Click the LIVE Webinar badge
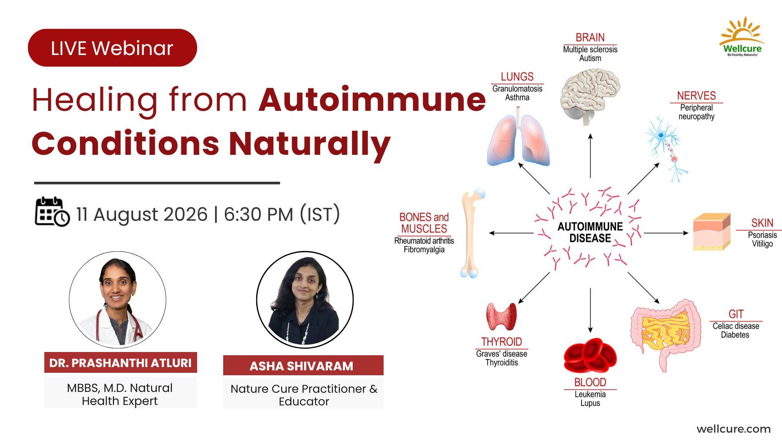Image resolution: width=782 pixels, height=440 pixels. (x=112, y=48)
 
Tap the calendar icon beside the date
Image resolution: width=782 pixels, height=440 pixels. (x=52, y=212)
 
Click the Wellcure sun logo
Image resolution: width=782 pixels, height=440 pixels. (x=742, y=37)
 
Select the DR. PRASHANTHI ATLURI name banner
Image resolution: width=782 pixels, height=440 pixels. (x=121, y=363)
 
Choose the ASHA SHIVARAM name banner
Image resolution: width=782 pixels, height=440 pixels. (x=303, y=365)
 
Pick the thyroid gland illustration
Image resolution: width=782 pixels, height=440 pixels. (x=501, y=317)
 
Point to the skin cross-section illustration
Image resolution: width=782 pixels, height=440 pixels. (x=712, y=232)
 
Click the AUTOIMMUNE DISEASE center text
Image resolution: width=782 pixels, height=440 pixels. (x=590, y=232)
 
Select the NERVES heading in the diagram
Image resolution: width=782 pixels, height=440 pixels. (x=696, y=96)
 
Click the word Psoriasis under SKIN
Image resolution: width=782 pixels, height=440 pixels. (x=762, y=235)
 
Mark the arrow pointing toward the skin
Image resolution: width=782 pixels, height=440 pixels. (x=666, y=233)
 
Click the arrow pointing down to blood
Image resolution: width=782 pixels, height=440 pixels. (x=590, y=310)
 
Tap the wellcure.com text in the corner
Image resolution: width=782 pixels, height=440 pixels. (x=734, y=429)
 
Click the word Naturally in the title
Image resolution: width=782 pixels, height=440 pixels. (x=310, y=143)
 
